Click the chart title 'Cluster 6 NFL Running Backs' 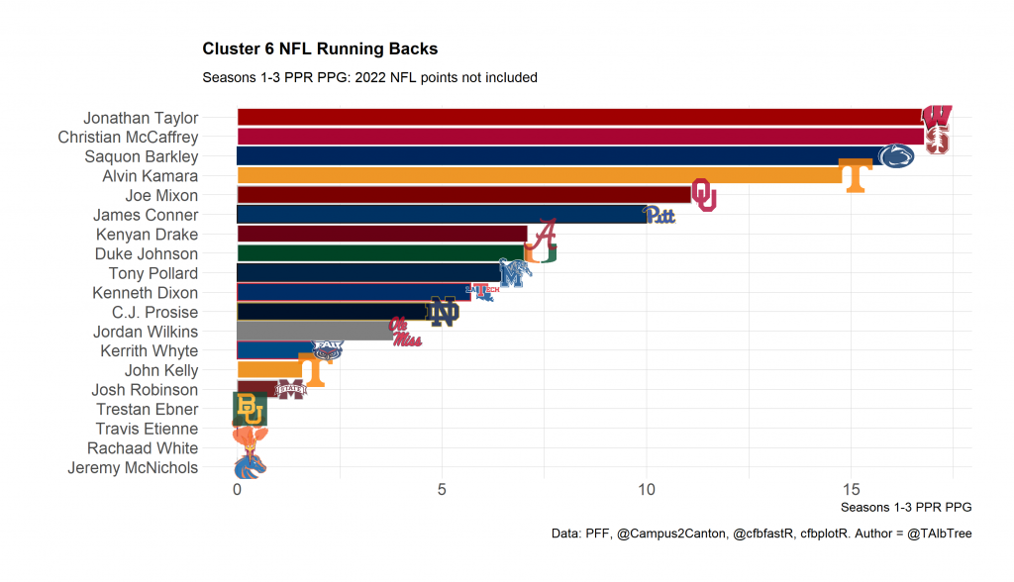(320, 48)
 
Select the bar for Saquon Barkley (555, 156)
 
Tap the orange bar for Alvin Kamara (535, 176)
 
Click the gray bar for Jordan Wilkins (312, 332)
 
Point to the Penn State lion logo (896, 155)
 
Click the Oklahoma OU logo (703, 195)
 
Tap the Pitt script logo (659, 215)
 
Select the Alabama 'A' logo (543, 235)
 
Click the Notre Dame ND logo (443, 312)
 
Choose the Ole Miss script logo (405, 332)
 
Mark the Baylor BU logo (250, 409)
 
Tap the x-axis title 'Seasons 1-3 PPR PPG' (905, 507)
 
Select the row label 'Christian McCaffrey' (128, 138)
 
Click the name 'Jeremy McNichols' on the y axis (133, 468)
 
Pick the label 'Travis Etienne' (147, 429)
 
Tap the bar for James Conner (441, 215)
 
